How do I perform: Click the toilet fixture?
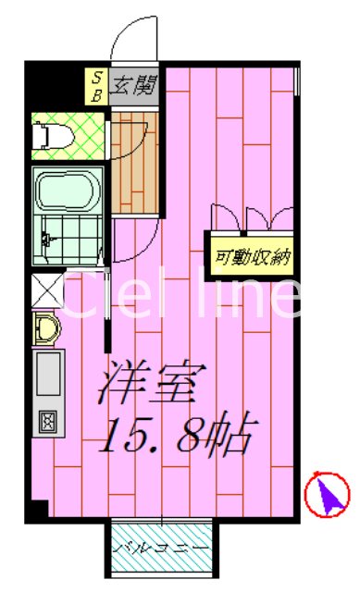pos(43,135)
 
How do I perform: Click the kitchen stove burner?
pos(46,421)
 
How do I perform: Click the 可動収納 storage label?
pos(253,257)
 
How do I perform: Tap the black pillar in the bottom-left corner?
pos(38,508)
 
